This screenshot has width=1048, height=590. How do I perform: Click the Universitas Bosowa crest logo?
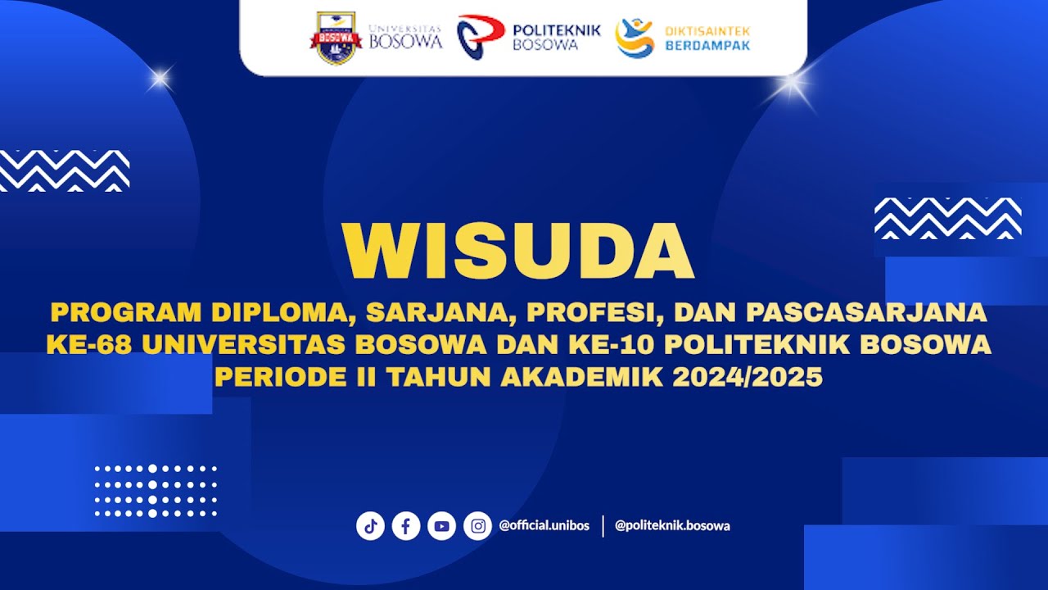tap(336, 38)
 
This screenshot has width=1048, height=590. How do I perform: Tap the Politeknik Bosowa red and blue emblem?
tap(480, 38)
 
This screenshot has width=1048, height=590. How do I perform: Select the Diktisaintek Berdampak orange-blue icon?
tap(635, 38)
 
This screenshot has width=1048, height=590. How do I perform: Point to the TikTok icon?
tap(370, 526)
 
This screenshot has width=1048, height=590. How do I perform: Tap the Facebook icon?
tap(406, 526)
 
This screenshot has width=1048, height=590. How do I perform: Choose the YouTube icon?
tap(442, 526)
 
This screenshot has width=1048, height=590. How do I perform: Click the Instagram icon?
tap(477, 526)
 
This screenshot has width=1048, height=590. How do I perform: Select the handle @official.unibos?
tap(544, 526)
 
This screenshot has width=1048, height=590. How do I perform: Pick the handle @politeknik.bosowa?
tap(672, 526)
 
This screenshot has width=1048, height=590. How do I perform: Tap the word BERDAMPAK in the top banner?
tap(707, 45)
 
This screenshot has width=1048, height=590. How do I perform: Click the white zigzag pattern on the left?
tap(64, 170)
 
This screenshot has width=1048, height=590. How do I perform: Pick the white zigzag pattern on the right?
tap(947, 218)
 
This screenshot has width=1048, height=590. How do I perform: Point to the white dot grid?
tap(156, 491)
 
